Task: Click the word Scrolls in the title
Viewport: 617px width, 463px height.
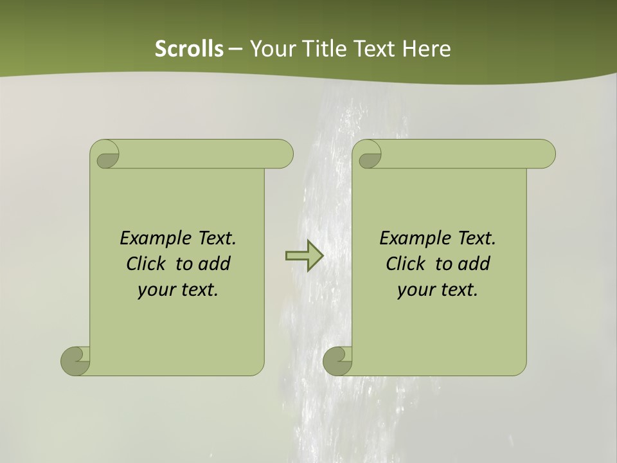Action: tap(190, 49)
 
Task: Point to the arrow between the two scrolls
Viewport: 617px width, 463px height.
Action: tap(304, 256)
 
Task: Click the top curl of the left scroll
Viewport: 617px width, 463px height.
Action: tap(105, 155)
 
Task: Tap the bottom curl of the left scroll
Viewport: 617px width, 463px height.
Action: tap(75, 361)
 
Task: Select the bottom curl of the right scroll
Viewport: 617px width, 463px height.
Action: tap(337, 361)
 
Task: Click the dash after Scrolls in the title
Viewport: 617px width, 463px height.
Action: tap(235, 49)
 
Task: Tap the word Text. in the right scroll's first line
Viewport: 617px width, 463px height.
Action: tap(476, 239)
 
